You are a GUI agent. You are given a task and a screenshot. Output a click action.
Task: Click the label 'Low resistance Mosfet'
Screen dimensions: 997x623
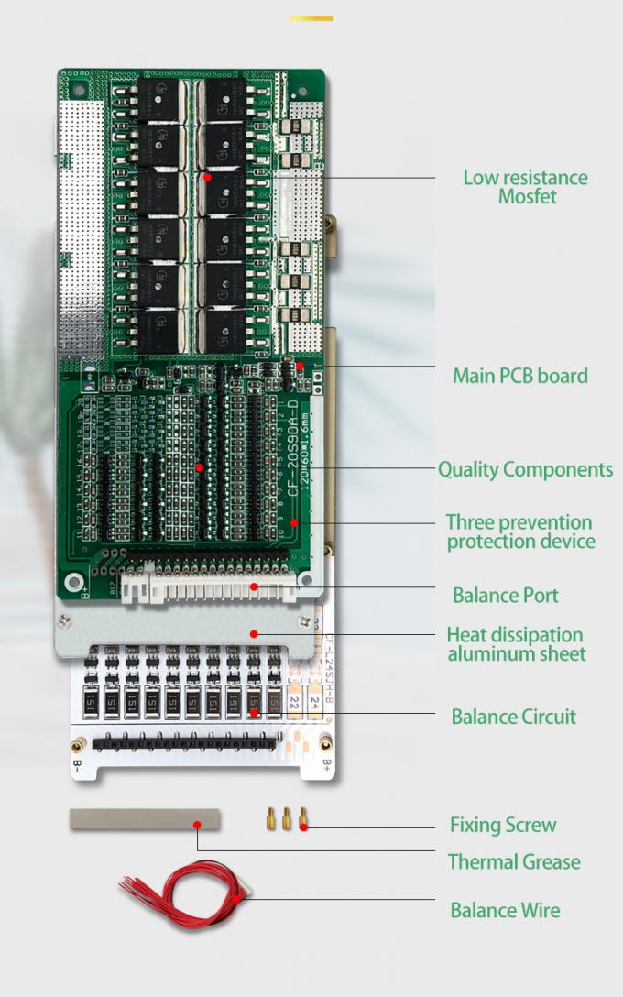coord(525,186)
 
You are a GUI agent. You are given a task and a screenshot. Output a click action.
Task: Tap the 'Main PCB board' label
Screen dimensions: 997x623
coord(520,375)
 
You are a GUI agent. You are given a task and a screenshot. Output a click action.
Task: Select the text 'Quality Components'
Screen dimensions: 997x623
coord(525,469)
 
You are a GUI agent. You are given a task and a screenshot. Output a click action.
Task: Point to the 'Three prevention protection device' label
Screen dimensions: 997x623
coord(519,531)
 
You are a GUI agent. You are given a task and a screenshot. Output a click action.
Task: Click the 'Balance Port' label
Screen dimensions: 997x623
coord(505,596)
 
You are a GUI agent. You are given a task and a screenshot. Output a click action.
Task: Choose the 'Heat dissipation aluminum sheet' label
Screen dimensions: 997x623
coord(516,643)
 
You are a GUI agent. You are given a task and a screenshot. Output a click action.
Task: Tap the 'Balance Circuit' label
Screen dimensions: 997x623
coord(513,717)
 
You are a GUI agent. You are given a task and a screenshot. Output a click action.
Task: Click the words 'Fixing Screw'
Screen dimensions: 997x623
coord(503,825)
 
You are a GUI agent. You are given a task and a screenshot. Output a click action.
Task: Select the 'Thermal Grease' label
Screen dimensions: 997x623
coord(514,862)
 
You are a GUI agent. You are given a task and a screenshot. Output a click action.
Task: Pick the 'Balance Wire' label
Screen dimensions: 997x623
coord(504,910)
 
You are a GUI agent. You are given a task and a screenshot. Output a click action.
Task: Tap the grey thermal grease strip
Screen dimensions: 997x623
coord(145,818)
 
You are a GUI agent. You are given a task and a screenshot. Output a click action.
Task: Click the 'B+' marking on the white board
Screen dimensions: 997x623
coord(324,760)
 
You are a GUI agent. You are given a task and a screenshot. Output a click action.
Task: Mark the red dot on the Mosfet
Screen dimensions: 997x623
coord(208,176)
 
